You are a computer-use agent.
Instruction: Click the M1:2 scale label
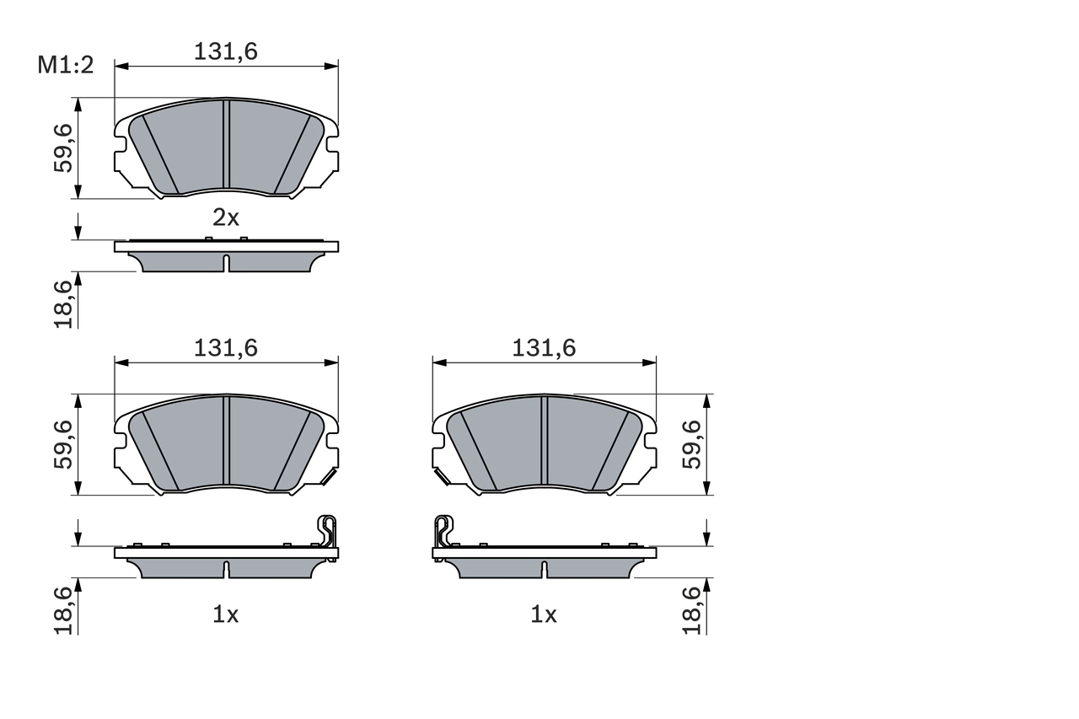(x=65, y=66)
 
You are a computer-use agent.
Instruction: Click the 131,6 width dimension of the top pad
(x=225, y=51)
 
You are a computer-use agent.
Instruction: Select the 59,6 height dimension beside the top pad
(x=62, y=148)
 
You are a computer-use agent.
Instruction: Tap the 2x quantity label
(x=225, y=218)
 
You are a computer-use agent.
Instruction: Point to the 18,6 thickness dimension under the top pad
(x=62, y=304)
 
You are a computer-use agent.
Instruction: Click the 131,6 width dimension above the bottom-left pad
(x=225, y=348)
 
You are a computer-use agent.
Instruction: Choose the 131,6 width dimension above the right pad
(x=544, y=348)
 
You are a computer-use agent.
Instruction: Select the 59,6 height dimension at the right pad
(x=692, y=444)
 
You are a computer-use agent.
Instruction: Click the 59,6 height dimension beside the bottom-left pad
(x=62, y=444)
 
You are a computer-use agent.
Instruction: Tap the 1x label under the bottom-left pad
(x=225, y=615)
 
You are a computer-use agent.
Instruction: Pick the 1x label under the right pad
(x=544, y=615)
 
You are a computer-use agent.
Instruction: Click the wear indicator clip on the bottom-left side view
(x=327, y=531)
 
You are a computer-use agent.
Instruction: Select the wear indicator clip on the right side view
(x=443, y=531)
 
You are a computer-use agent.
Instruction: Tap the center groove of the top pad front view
(x=226, y=144)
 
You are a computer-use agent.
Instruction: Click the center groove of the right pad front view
(x=544, y=441)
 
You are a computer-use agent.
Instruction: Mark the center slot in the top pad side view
(x=226, y=263)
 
